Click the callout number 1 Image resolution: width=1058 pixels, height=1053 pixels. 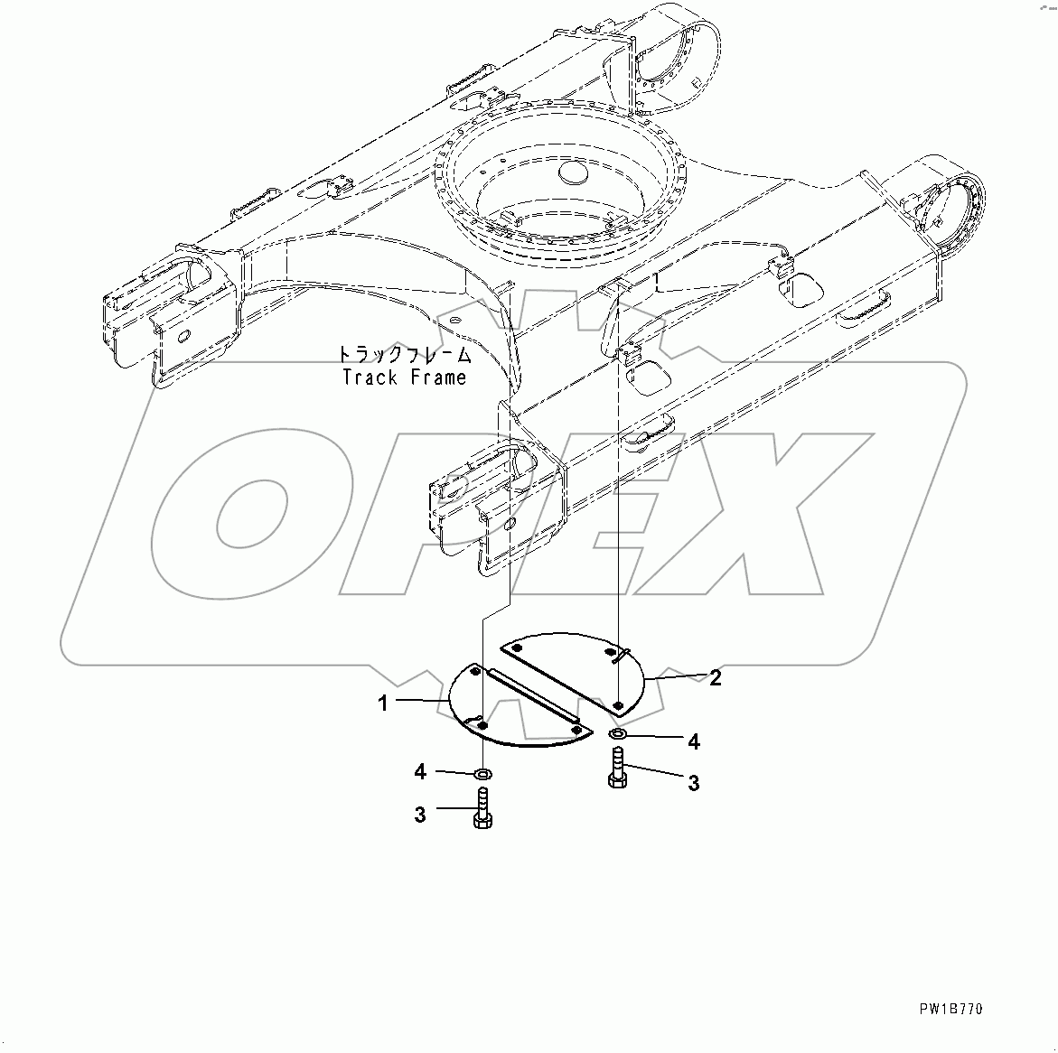point(383,703)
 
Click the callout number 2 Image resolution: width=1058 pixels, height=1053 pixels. point(715,677)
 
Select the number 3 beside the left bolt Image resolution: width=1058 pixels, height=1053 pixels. point(420,814)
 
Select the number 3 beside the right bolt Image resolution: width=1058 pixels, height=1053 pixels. point(693,783)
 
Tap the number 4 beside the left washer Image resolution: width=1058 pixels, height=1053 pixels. point(420,771)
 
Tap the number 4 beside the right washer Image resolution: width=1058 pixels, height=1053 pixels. point(693,741)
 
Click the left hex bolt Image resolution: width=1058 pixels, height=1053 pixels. point(482,806)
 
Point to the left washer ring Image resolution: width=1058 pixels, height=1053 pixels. point(483,773)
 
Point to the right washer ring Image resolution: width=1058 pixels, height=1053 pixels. point(618,734)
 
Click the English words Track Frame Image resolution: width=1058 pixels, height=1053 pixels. point(404,377)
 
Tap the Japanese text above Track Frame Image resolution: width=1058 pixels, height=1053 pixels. point(405,354)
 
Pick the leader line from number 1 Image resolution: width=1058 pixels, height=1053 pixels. point(421,702)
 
